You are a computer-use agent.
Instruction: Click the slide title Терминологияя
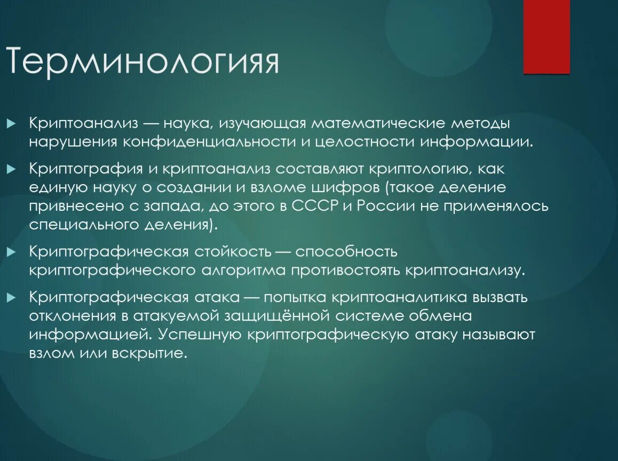click(x=142, y=62)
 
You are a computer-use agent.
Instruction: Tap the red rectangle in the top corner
click(x=546, y=36)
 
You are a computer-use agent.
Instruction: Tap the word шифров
click(x=348, y=188)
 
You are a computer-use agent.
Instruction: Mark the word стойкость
click(x=232, y=251)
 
